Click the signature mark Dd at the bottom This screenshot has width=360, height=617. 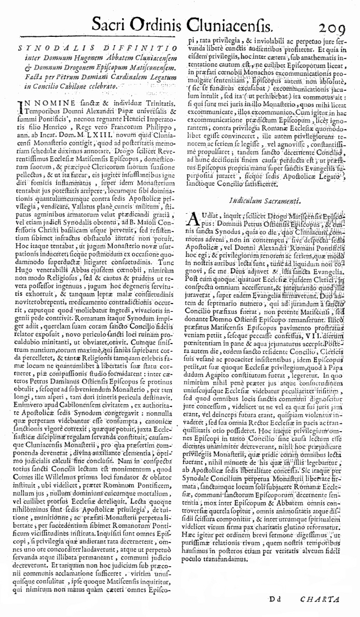point(275,600)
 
